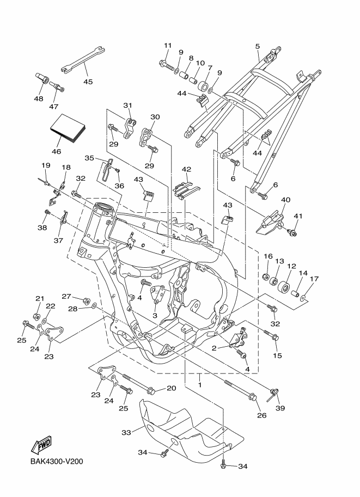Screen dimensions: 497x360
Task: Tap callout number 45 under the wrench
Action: coord(88,82)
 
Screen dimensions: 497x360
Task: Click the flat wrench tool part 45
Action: coord(82,58)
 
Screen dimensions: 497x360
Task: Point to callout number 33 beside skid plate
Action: coord(126,433)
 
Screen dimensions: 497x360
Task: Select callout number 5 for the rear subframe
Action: coord(257,47)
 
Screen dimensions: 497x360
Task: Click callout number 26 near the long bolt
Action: coord(261,415)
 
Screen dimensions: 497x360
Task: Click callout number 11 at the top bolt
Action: coord(167,45)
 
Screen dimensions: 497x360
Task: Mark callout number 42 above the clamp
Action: coord(186,169)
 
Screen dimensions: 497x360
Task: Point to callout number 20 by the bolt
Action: coord(171,389)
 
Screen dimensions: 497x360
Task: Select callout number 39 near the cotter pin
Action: coord(280,408)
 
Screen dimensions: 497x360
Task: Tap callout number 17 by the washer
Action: coord(314,280)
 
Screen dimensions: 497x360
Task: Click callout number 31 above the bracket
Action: coord(128,106)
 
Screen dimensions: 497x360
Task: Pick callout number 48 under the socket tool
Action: coord(38,99)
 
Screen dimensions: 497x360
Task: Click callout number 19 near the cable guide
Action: coord(46,165)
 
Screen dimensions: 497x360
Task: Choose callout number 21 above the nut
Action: coord(39,298)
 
